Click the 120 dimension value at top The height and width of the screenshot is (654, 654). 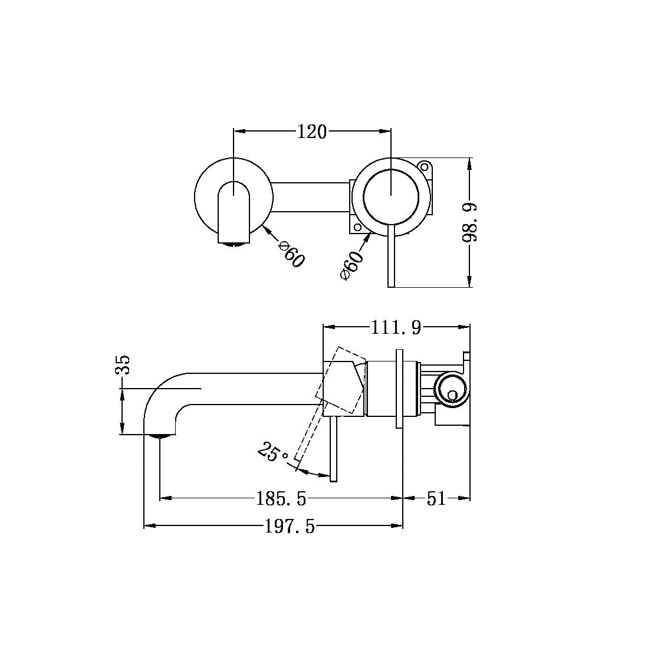coord(312,132)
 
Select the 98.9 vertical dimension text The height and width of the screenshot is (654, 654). coord(470,222)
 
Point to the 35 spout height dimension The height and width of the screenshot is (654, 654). coord(122,366)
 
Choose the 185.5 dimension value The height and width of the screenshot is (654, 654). coord(281,499)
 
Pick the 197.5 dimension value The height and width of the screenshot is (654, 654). coord(289,526)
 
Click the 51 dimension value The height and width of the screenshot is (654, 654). coord(436,499)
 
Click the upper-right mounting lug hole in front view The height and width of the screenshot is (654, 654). coord(424,166)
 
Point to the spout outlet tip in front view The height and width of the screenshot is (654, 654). coord(232,241)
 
